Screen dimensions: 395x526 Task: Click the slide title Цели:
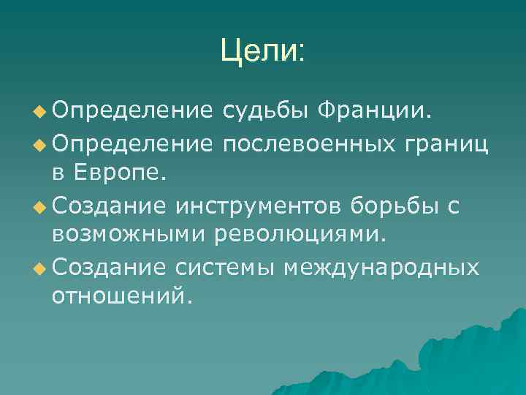click(x=262, y=51)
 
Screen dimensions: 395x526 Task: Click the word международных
click(x=381, y=268)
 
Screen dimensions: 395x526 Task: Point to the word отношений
click(x=119, y=298)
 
